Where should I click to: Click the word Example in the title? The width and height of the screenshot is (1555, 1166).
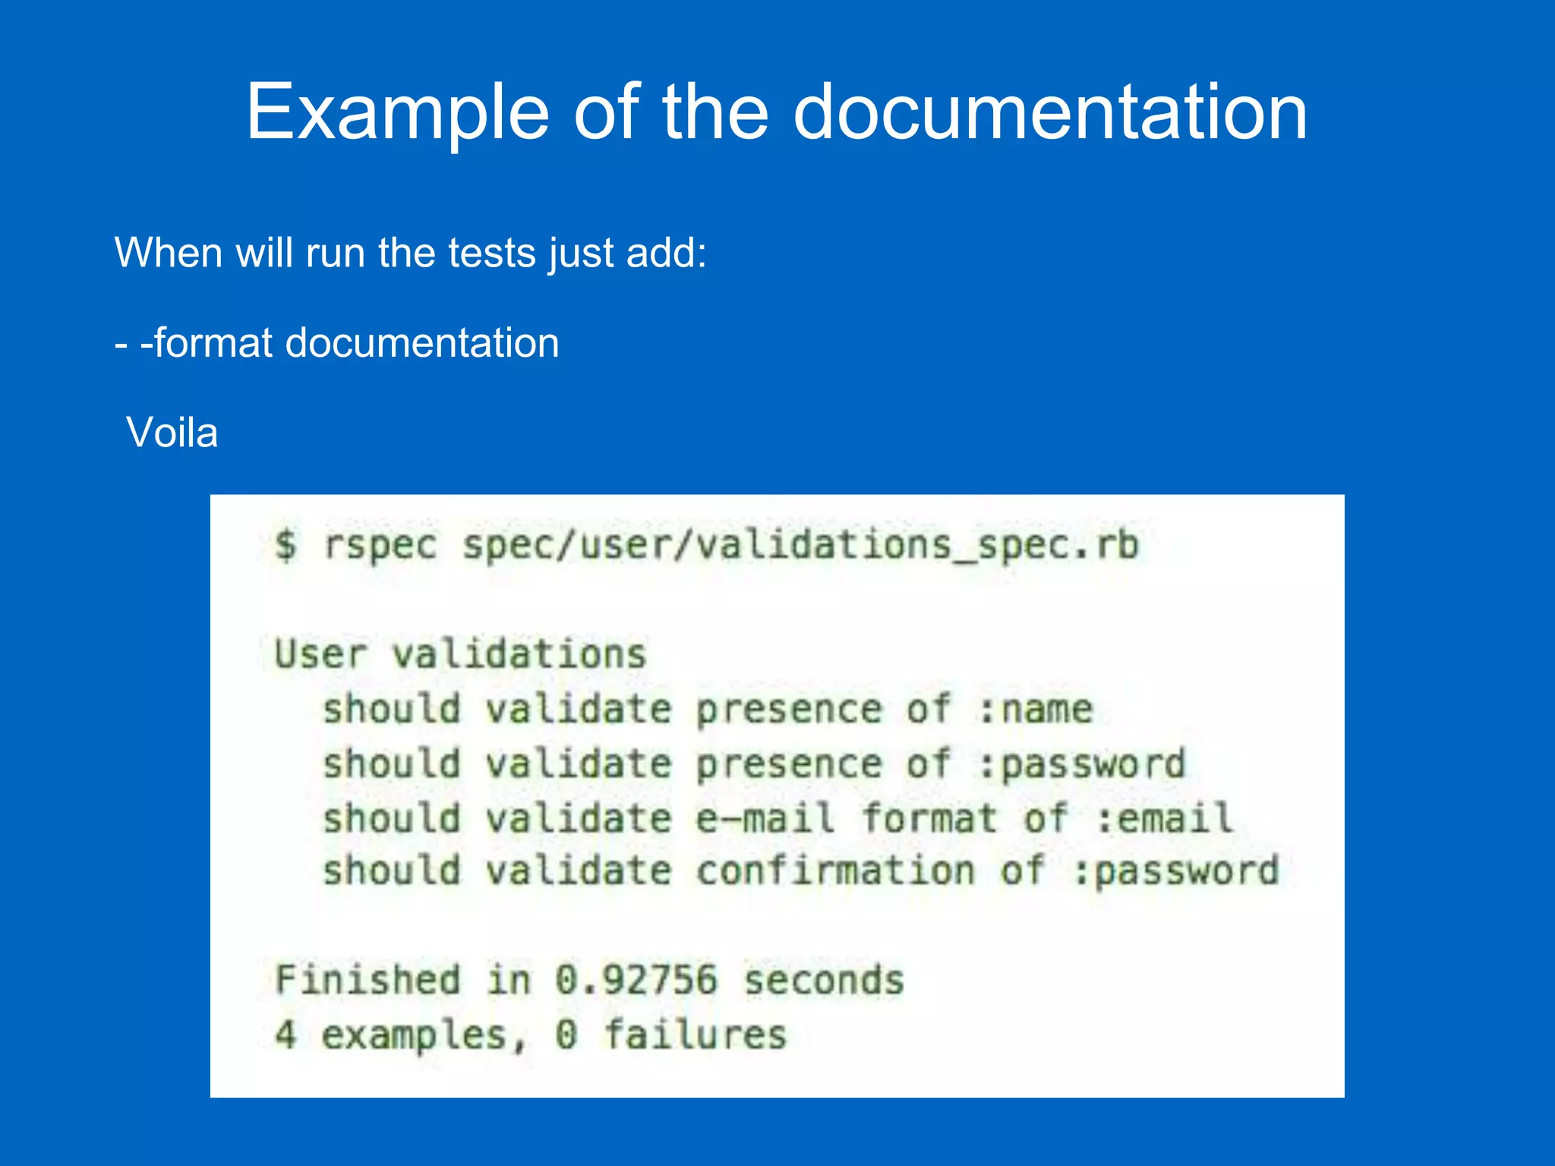click(397, 112)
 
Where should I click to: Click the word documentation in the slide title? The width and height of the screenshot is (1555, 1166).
click(1050, 112)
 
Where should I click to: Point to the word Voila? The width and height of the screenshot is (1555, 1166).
click(172, 433)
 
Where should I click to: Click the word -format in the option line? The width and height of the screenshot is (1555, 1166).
click(207, 343)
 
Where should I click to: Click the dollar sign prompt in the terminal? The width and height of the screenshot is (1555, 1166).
click(285, 545)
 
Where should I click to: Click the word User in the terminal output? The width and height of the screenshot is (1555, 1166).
click(320, 654)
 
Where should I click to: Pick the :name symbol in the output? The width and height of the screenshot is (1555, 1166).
click(1036, 710)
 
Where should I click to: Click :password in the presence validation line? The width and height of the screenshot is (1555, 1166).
click(1083, 764)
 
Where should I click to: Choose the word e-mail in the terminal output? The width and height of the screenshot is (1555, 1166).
click(765, 819)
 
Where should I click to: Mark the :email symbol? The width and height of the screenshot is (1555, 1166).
click(1165, 819)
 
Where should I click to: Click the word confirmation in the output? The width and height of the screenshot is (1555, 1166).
click(835, 871)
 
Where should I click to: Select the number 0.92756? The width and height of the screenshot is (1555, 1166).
click(636, 980)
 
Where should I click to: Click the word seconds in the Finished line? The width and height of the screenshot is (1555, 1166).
click(824, 980)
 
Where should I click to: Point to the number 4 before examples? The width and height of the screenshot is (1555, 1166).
click(285, 1035)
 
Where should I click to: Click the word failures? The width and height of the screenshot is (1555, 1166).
click(695, 1035)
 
